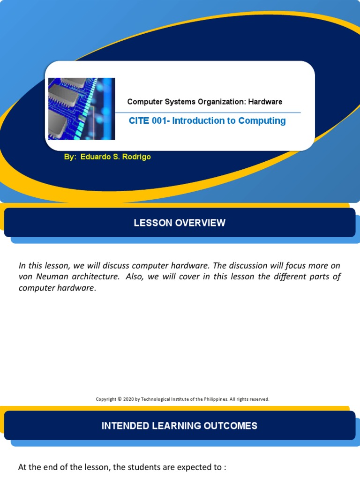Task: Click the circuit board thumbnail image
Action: tap(82, 109)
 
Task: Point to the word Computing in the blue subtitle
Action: tap(262, 121)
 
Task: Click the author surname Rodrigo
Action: tap(135, 157)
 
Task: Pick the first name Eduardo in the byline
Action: tap(96, 157)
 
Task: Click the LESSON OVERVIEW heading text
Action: tap(180, 223)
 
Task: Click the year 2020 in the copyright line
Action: tap(129, 399)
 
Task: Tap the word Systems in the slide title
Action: tap(180, 102)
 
